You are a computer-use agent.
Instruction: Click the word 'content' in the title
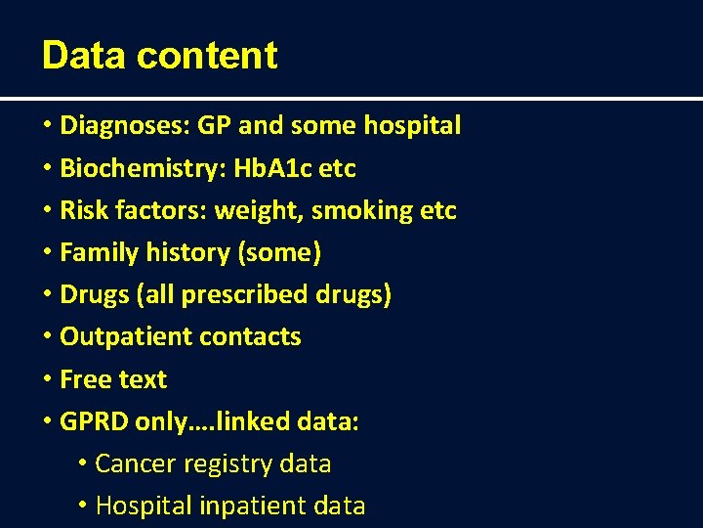pos(207,56)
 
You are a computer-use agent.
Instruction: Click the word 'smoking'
pos(365,210)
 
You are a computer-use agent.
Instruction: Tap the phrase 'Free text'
pos(113,379)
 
